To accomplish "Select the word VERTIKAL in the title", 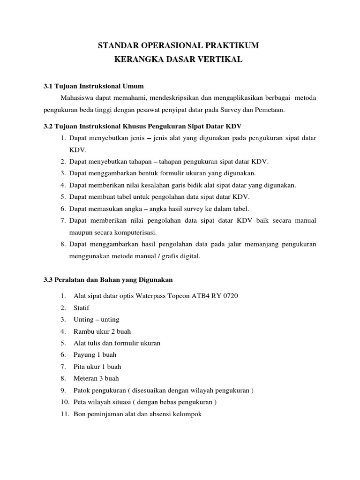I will click(x=221, y=60).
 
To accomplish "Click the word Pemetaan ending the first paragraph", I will click(x=269, y=110).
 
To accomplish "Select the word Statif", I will click(x=82, y=308).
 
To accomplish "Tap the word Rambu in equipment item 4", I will click(x=83, y=331).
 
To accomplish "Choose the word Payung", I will click(x=84, y=355).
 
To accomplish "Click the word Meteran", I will click(x=86, y=378).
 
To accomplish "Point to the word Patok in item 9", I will click(x=82, y=390).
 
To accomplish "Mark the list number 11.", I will click(x=63, y=414).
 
